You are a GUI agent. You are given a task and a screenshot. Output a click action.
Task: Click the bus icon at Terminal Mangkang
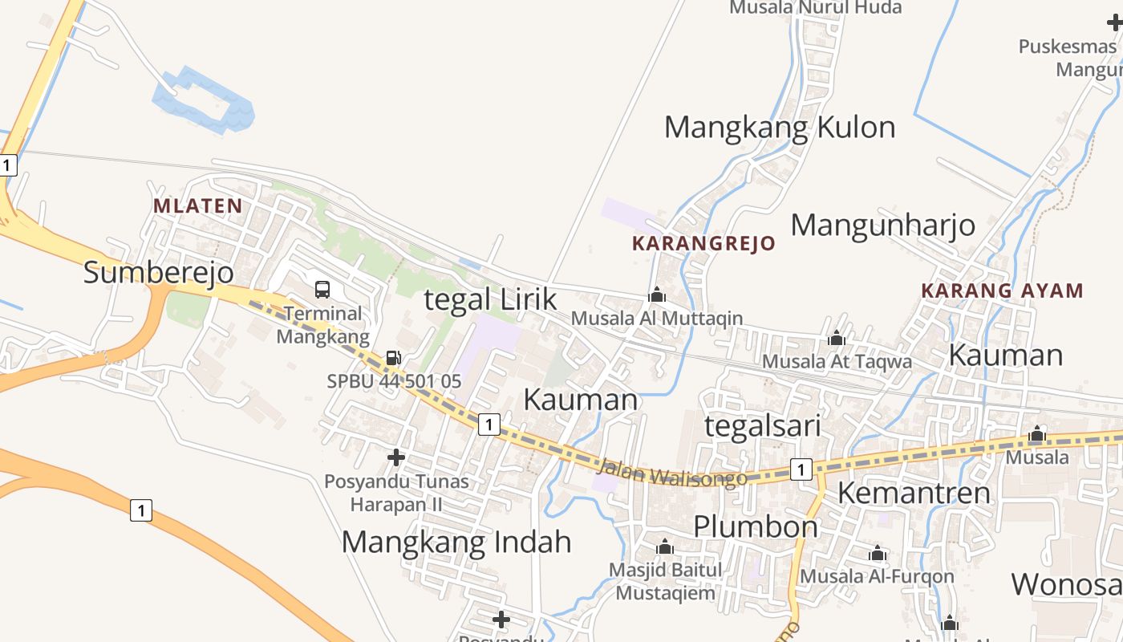point(322,290)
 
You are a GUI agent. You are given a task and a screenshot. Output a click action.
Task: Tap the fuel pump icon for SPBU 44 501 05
point(393,358)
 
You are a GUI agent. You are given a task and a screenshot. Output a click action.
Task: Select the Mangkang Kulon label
point(780,128)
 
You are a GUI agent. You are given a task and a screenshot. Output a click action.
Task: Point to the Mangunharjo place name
point(883,226)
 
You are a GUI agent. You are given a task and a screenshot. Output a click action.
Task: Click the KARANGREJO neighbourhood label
point(703,244)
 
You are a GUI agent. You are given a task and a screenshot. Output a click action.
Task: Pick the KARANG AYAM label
point(1002,291)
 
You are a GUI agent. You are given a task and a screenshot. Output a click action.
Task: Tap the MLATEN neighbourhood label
point(197,206)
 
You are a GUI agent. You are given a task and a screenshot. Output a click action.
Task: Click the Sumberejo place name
point(159,273)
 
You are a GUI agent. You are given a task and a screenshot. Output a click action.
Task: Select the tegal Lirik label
point(490,300)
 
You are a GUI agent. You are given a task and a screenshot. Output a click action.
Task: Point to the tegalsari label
point(762,426)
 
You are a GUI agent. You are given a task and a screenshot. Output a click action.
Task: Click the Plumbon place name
point(756,527)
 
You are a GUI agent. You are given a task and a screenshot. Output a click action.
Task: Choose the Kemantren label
point(914,493)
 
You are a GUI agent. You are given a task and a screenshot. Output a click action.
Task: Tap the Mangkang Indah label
point(456,542)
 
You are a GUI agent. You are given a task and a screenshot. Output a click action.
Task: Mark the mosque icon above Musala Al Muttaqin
point(657,295)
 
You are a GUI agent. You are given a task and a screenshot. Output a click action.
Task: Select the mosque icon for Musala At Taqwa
point(837,339)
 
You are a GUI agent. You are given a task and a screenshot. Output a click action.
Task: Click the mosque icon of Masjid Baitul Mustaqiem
point(664,548)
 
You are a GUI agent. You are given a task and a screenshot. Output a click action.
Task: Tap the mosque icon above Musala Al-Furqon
point(878,554)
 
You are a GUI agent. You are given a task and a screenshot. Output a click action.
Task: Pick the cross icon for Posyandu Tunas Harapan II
point(396,457)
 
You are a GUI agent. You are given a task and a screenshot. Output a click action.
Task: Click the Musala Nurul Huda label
point(815,8)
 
